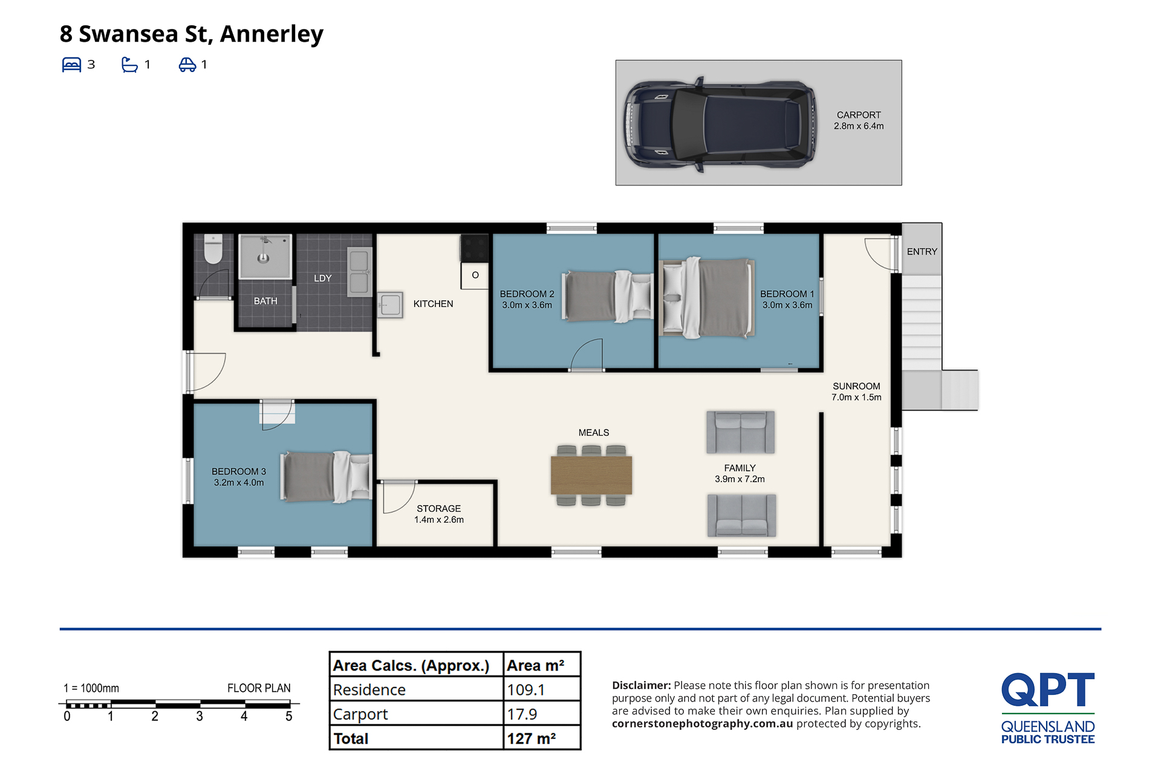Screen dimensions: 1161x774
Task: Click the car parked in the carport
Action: pyautogui.click(x=720, y=124)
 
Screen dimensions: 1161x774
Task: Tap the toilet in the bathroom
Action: pyautogui.click(x=213, y=249)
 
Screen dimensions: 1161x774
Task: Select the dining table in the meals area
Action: pyautogui.click(x=591, y=476)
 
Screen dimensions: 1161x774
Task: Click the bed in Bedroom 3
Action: pyautogui.click(x=327, y=476)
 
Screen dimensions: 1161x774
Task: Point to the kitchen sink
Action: pyautogui.click(x=390, y=305)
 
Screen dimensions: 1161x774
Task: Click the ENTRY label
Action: pyautogui.click(x=922, y=251)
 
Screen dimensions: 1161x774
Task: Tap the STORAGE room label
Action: pyautogui.click(x=438, y=509)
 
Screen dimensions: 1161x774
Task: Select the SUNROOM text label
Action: pyautogui.click(x=856, y=386)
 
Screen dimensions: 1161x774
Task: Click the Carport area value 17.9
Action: pyautogui.click(x=522, y=714)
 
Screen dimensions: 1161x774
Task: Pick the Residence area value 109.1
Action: pyautogui.click(x=526, y=689)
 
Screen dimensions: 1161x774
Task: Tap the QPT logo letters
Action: pyautogui.click(x=1048, y=689)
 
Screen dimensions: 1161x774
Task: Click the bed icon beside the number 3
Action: pyautogui.click(x=71, y=65)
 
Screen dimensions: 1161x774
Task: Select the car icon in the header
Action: pyautogui.click(x=187, y=65)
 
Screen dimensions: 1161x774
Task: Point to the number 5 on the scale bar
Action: pyautogui.click(x=289, y=717)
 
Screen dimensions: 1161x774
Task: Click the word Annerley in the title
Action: pyautogui.click(x=272, y=34)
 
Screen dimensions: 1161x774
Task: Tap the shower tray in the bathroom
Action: pyautogui.click(x=265, y=256)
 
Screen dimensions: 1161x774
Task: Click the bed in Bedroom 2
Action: pyautogui.click(x=608, y=296)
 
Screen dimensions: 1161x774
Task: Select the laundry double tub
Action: pyautogui.click(x=359, y=272)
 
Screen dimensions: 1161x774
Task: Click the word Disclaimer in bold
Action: pyautogui.click(x=641, y=685)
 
